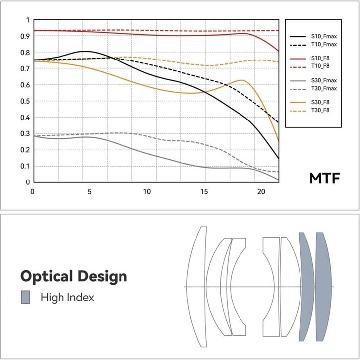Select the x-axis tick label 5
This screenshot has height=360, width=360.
click(90, 191)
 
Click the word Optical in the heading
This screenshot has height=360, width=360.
click(47, 276)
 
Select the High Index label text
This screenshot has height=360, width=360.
click(67, 298)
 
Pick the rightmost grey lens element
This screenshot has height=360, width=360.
click(323, 287)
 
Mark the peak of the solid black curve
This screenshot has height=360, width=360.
click(85, 51)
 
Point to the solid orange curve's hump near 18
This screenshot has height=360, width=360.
click(241, 80)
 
